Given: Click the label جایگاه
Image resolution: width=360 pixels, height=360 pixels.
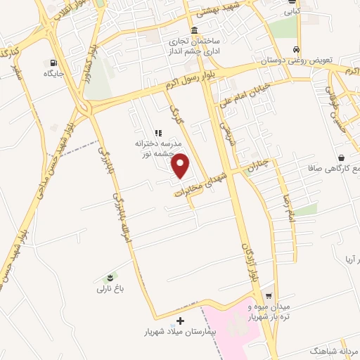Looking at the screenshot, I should click(x=53, y=73).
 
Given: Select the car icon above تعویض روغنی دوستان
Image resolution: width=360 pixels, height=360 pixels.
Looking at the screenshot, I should click(x=297, y=50).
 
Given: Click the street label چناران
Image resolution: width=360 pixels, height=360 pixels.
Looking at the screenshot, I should click(x=259, y=167).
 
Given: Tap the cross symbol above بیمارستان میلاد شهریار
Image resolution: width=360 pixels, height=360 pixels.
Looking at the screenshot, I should click(x=181, y=320).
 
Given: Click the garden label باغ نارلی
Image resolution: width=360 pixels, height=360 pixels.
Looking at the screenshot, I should click(x=109, y=288).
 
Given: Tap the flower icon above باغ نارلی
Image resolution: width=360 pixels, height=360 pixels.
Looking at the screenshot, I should click(x=109, y=278).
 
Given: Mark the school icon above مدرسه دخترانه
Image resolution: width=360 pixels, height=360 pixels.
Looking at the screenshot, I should click(x=158, y=131).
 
